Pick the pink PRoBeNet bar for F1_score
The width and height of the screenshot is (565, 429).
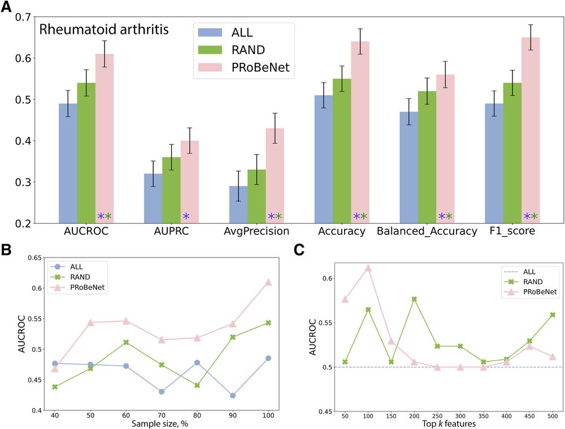click(x=531, y=130)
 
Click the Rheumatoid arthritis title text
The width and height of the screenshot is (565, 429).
click(x=104, y=29)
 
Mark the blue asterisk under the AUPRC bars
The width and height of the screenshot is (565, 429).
click(x=186, y=216)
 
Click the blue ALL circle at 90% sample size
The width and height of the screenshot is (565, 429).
click(x=233, y=395)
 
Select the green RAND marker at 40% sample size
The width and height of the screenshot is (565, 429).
click(x=54, y=387)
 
